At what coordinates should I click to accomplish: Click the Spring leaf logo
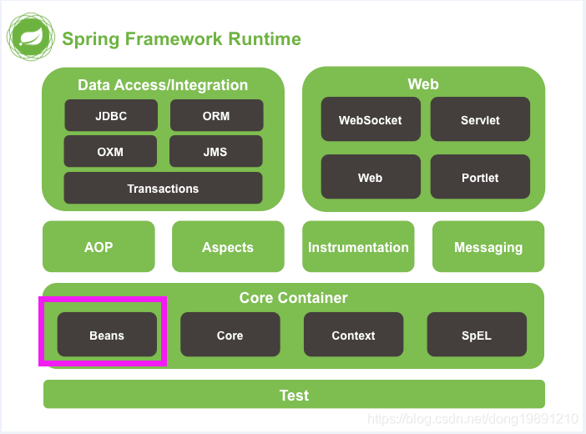pyautogui.click(x=31, y=37)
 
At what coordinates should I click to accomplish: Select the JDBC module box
pyautogui.click(x=111, y=115)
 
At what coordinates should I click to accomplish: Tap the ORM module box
pyautogui.click(x=217, y=115)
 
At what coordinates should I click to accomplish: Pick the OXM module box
pyautogui.click(x=110, y=151)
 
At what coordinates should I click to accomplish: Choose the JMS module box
pyautogui.click(x=215, y=151)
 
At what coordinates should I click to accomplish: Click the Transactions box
pyautogui.click(x=163, y=188)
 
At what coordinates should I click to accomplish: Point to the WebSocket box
pyautogui.click(x=371, y=119)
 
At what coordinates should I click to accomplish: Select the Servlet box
pyautogui.click(x=480, y=119)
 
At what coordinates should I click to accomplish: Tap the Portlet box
pyautogui.click(x=480, y=176)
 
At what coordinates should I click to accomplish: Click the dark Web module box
pyautogui.click(x=371, y=176)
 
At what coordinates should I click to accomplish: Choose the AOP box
pyautogui.click(x=99, y=246)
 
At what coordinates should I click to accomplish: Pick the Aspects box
pyautogui.click(x=228, y=246)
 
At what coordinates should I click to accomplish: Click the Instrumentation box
pyautogui.click(x=358, y=246)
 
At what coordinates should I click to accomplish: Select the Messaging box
pyautogui.click(x=488, y=246)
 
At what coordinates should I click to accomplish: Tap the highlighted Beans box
pyautogui.click(x=107, y=335)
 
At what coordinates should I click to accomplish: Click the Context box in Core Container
pyautogui.click(x=354, y=335)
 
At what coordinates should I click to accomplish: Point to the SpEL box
pyautogui.click(x=477, y=335)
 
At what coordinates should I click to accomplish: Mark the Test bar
pyautogui.click(x=294, y=395)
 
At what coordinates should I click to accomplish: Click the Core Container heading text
pyautogui.click(x=293, y=298)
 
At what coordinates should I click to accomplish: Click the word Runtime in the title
pyautogui.click(x=265, y=39)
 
